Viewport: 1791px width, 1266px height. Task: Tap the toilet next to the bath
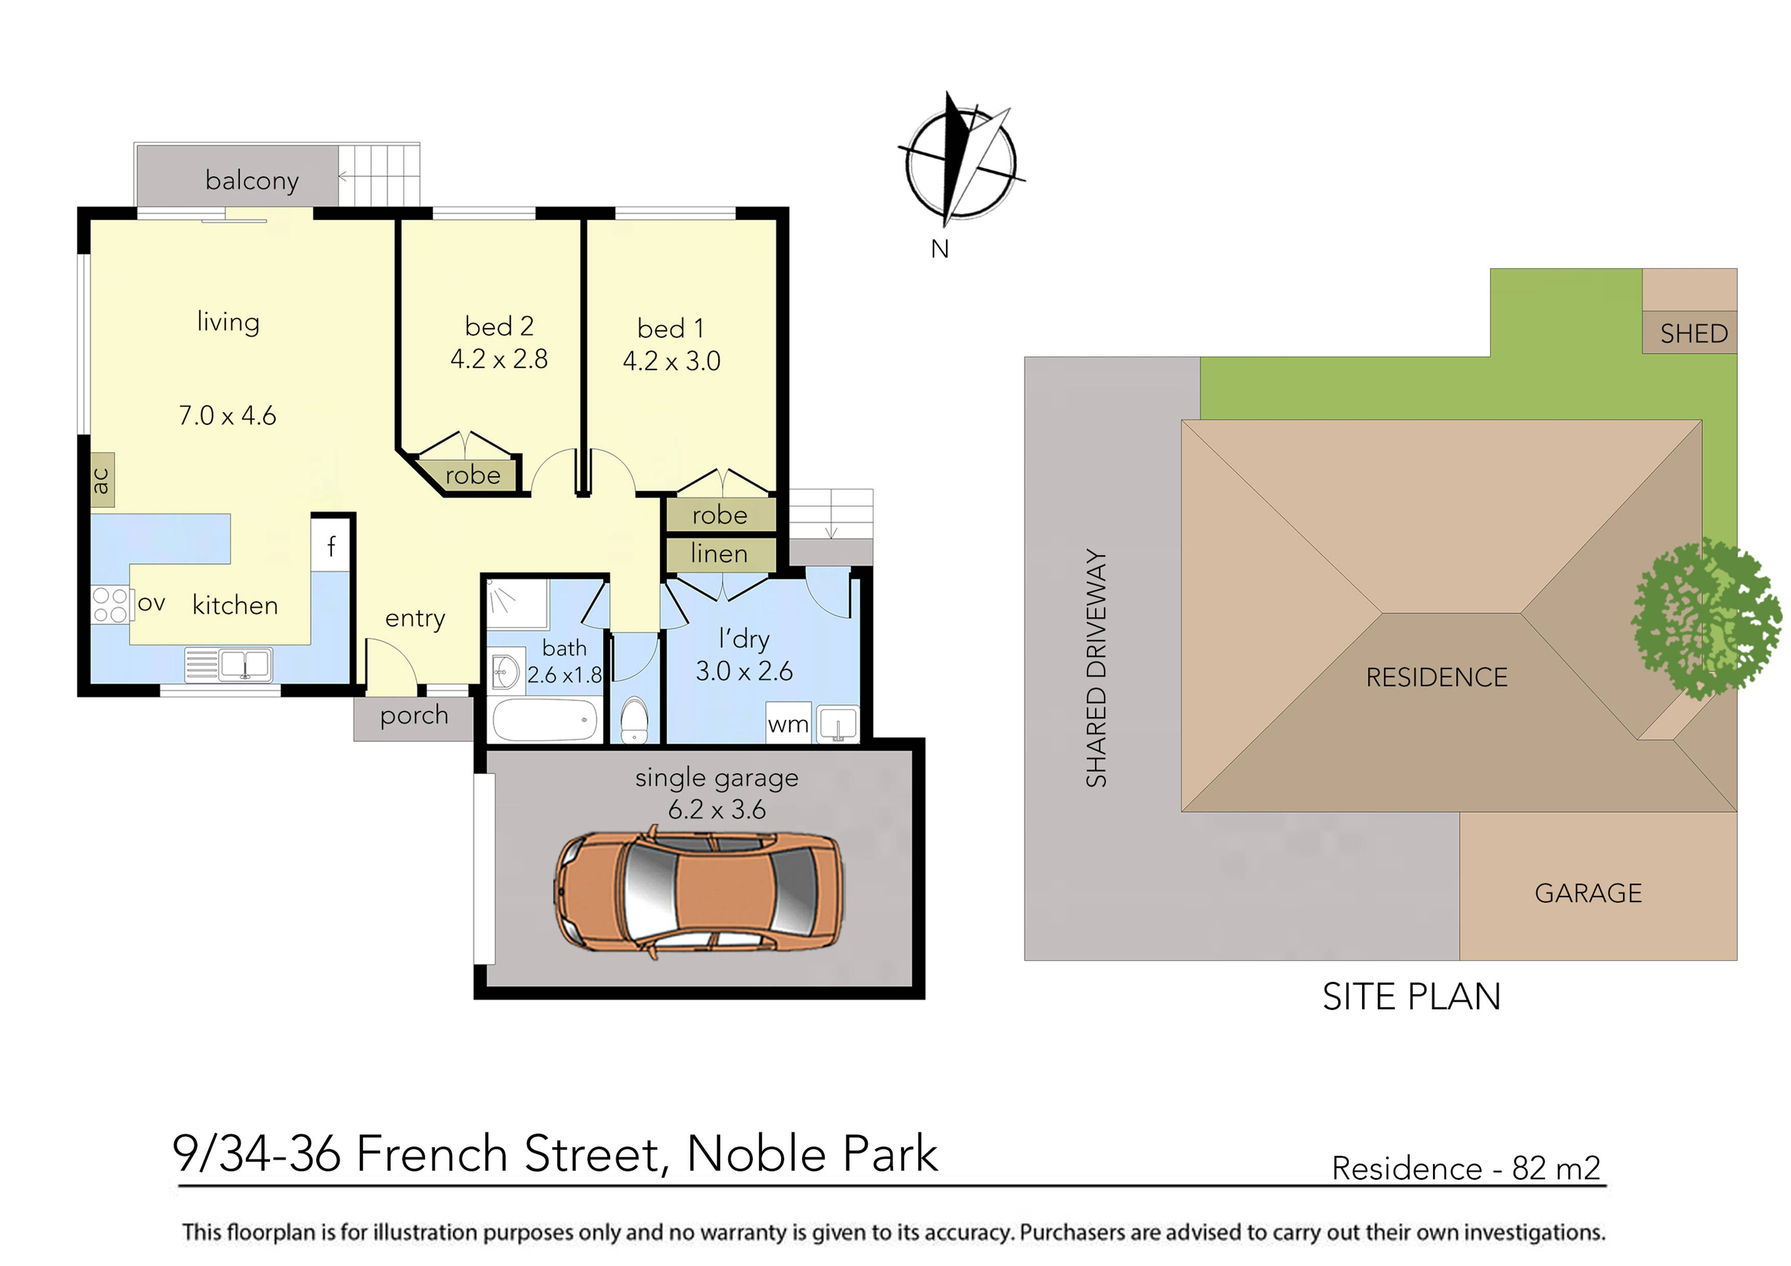634,721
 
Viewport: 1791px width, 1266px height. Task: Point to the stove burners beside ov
110,605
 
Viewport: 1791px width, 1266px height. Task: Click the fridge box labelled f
331,546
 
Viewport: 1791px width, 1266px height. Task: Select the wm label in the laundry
788,725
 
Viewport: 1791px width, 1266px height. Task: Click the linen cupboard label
719,554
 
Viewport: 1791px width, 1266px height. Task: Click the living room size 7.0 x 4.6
227,416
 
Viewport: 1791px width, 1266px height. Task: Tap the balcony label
252,180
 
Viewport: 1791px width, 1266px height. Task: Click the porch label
414,715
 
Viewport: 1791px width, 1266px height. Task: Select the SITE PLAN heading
1411,997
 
